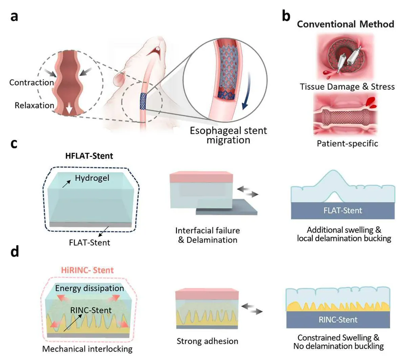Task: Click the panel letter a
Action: pyautogui.click(x=14, y=16)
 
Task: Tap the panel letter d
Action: pyautogui.click(x=15, y=251)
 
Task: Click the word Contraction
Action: pyautogui.click(x=32, y=83)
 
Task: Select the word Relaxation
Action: pyautogui.click(x=34, y=105)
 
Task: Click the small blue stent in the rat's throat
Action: pyautogui.click(x=143, y=101)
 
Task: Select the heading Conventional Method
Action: pyautogui.click(x=345, y=24)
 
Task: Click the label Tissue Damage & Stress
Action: pyautogui.click(x=347, y=87)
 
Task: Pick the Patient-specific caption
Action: pyautogui.click(x=347, y=143)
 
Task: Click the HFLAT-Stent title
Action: pyautogui.click(x=89, y=156)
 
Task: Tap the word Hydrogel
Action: pyautogui.click(x=92, y=178)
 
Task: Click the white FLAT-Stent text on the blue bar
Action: pyautogui.click(x=343, y=210)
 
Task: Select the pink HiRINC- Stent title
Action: pyautogui.click(x=87, y=270)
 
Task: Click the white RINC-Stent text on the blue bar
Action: pyautogui.click(x=338, y=320)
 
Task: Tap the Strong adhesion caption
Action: pyautogui.click(x=207, y=341)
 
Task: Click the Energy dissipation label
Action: pyautogui.click(x=90, y=288)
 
